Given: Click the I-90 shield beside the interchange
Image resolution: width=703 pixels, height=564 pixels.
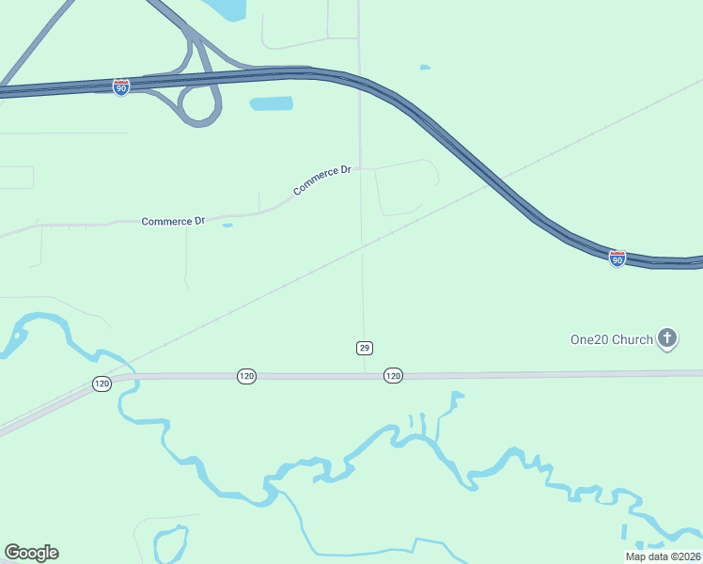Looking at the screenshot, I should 121,87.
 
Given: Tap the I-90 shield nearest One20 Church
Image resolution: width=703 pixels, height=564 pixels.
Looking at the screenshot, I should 617,258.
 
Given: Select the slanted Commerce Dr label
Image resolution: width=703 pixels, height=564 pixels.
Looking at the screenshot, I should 322,180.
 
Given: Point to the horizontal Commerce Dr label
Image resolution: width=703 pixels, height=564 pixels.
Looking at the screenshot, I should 173,222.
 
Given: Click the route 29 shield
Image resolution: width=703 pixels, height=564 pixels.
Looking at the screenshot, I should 365,348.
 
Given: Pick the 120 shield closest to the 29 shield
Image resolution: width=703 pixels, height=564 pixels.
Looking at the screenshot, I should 393,376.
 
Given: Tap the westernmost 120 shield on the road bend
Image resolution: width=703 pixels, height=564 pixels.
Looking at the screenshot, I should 102,384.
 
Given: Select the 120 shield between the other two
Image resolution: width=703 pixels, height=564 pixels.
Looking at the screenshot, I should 246,376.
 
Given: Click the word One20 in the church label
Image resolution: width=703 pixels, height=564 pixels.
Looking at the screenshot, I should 589,339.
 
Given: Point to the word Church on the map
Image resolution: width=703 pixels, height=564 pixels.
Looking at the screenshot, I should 633,339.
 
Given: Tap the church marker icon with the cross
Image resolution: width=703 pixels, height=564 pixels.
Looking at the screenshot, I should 667,337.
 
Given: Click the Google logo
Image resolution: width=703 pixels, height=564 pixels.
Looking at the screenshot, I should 31,553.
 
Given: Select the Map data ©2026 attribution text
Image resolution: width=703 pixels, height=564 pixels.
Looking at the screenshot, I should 663,556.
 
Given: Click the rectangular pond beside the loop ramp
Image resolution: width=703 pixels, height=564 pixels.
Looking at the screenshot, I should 271,103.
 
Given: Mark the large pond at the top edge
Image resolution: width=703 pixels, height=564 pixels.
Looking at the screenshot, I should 226,9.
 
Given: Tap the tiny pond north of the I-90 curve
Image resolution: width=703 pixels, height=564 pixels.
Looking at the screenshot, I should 425,68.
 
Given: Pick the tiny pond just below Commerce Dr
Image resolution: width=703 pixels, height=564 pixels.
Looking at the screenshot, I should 227,226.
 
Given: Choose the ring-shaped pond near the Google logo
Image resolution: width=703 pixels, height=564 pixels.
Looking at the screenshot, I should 169,542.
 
